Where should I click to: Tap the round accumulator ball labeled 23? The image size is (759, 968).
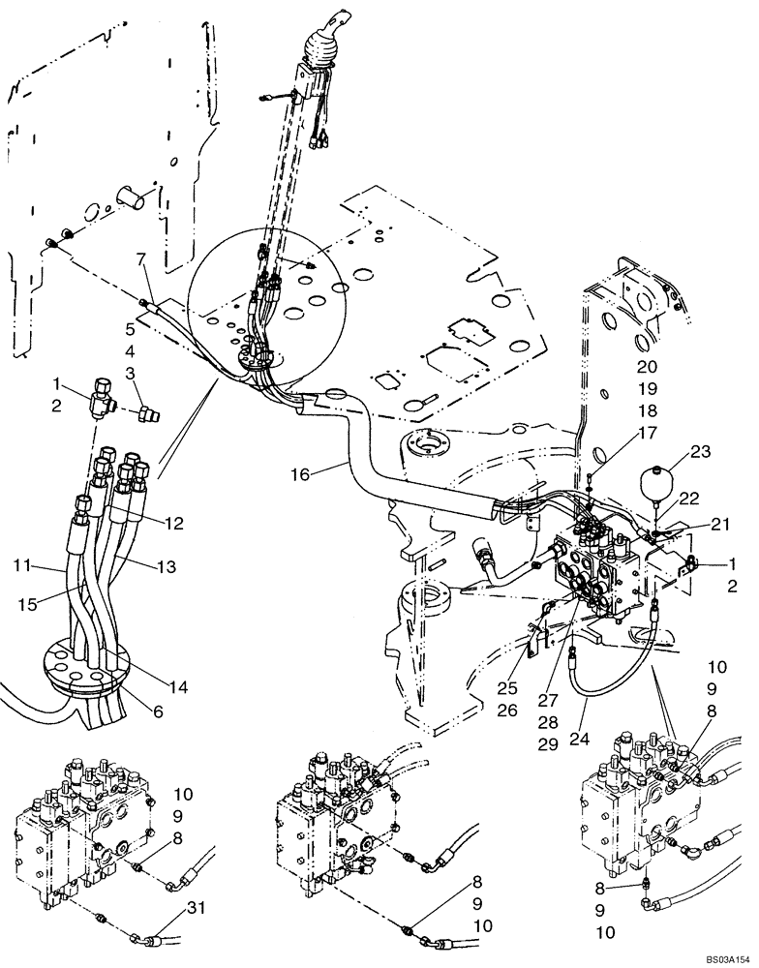click(x=655, y=481)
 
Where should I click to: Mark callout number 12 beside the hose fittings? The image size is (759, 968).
click(x=173, y=523)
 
